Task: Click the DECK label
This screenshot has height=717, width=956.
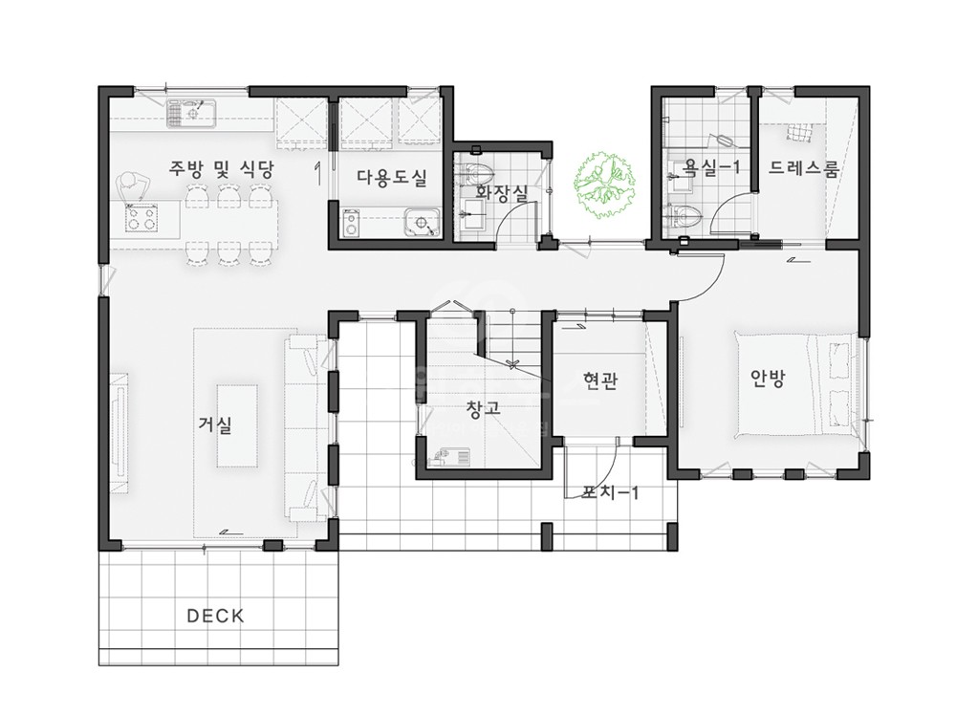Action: coord(215,616)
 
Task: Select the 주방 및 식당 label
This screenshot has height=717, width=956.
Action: coord(222,169)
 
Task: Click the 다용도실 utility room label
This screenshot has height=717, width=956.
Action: coord(392,178)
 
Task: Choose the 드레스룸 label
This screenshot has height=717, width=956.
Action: coord(803,167)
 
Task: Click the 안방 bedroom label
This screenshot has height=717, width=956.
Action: coord(768,379)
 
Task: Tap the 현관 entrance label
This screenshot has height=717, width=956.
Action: coord(600,381)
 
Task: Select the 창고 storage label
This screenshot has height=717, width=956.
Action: coord(483,408)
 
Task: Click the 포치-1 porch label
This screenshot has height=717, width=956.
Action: coord(610,491)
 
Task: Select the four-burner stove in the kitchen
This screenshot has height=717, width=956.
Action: coord(141,218)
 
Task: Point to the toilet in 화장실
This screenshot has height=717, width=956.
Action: coord(475,174)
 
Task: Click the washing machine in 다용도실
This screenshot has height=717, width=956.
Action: coord(352,223)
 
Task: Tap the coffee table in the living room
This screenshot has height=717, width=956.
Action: coord(237,425)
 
